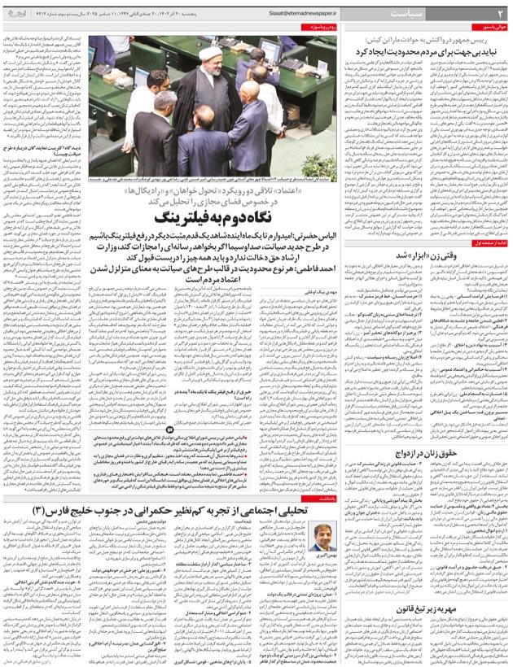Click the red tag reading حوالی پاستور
[489, 27]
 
